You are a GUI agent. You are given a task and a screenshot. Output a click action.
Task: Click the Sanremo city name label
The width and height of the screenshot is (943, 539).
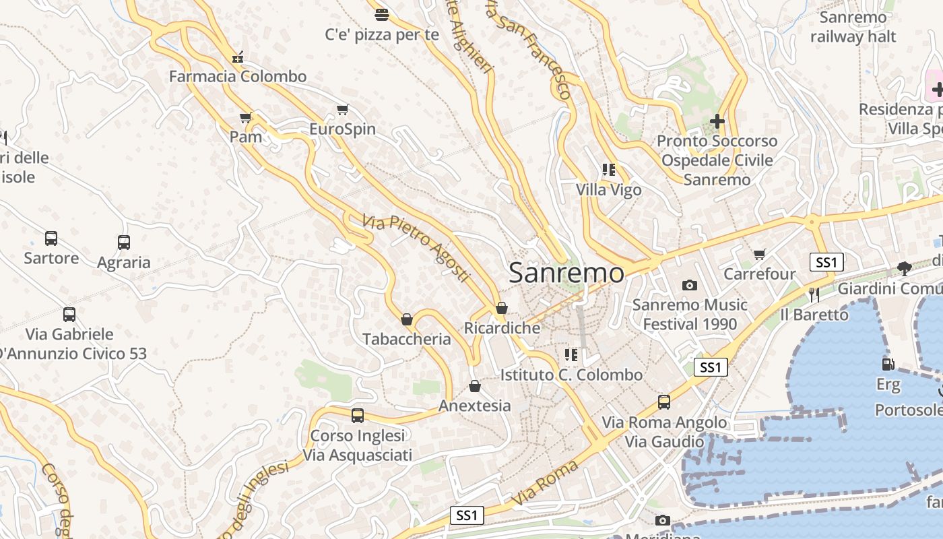pos(566,273)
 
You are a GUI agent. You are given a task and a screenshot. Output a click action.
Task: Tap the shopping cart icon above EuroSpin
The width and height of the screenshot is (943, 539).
pos(342,110)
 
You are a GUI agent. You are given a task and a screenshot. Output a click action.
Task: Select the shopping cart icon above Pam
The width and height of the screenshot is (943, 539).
pos(246,118)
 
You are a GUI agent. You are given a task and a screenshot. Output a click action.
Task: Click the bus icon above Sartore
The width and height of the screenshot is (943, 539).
pos(51,238)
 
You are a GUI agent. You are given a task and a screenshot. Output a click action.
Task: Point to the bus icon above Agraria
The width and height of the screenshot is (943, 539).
pos(124,243)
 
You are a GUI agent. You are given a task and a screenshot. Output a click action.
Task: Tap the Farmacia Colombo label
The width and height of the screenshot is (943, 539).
pos(238,76)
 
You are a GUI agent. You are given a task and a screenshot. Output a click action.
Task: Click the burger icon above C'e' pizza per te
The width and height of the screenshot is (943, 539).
pos(382,14)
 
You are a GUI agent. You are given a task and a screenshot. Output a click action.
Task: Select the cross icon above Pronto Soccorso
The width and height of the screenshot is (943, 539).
pos(717,121)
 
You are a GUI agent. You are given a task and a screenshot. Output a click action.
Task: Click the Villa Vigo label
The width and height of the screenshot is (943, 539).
pos(609,190)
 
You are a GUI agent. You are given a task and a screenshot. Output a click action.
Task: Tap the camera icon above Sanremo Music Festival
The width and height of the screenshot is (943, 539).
pos(689,286)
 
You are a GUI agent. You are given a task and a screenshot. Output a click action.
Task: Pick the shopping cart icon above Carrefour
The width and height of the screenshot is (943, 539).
pos(760,255)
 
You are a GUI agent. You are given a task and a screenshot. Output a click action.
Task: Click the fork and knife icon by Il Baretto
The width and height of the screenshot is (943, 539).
pos(814,294)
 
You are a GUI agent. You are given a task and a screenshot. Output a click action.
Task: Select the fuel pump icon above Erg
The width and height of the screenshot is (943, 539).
pos(888,364)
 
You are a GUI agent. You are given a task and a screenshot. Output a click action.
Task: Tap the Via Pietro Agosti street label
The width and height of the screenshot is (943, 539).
pos(415,248)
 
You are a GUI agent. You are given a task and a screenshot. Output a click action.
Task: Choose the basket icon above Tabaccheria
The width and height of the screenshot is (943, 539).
pos(407,319)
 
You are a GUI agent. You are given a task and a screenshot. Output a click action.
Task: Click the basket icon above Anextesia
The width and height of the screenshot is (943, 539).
pos(475,387)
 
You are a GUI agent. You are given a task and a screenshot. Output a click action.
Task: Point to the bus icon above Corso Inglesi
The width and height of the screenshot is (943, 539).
pos(358,416)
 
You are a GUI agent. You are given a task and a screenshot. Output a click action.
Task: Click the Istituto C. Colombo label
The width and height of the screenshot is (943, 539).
pos(571,375)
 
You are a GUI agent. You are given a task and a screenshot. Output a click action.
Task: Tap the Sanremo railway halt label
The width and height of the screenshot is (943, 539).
pos(853,27)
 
